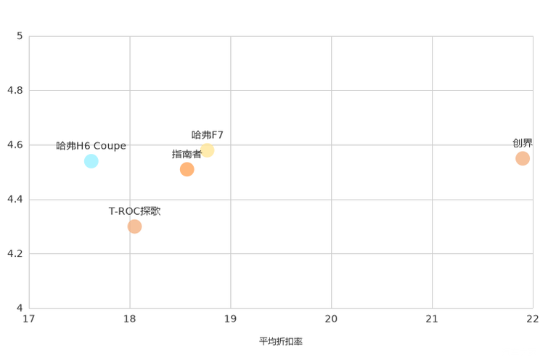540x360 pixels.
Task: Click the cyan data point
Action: (x=91, y=160)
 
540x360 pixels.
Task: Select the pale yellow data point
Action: (x=207, y=150)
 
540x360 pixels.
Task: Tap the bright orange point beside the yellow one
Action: (x=187, y=169)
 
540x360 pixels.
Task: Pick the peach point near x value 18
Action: (x=134, y=226)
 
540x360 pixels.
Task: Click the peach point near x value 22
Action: (x=523, y=157)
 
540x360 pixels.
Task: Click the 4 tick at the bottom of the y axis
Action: (x=20, y=307)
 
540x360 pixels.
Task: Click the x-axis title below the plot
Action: (x=280, y=340)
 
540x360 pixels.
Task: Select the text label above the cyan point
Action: (x=91, y=144)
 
